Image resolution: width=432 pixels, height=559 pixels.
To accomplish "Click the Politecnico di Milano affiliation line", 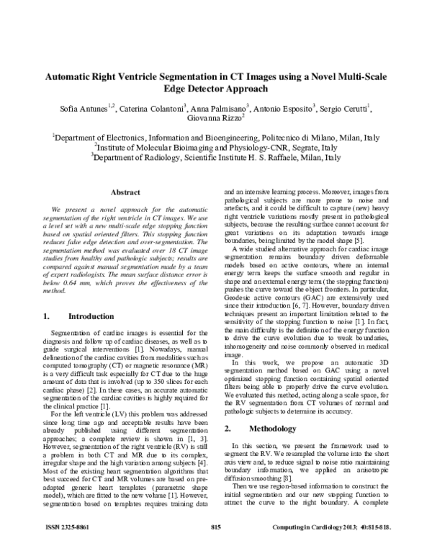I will coord(217,137).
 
